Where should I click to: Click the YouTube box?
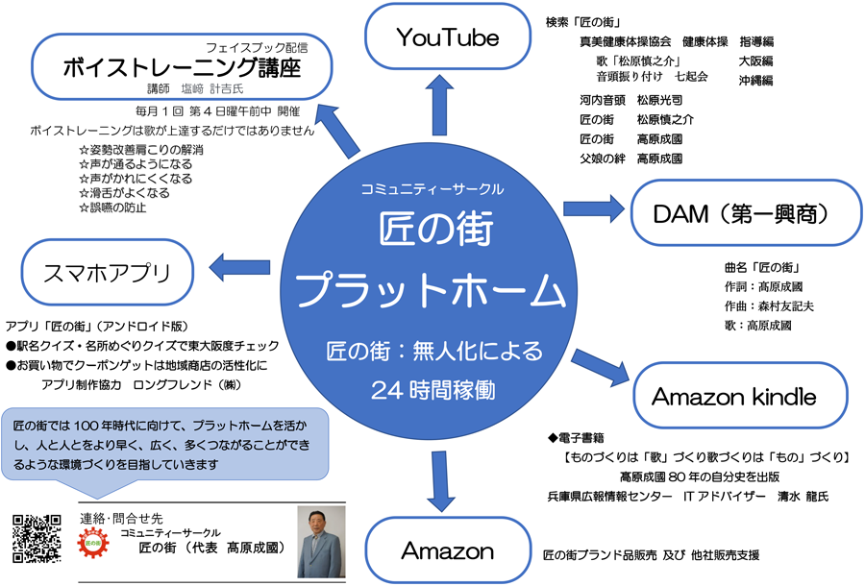pos(447,37)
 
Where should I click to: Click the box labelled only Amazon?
pos(447,551)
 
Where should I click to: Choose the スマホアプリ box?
pos(106,272)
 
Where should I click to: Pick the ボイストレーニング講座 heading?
pos(182,68)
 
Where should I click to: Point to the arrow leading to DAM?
pos(594,207)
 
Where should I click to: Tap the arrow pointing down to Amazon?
pos(440,477)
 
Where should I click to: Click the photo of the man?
pos(321,541)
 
